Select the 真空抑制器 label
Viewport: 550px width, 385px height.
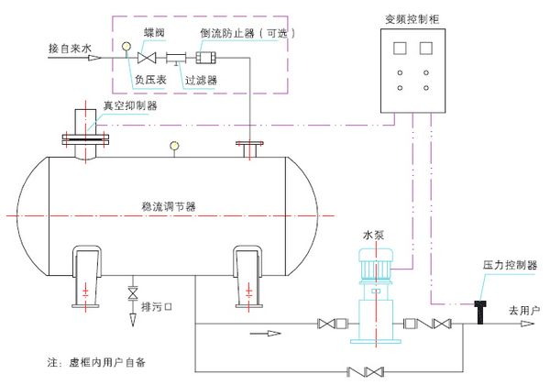pos(129,105)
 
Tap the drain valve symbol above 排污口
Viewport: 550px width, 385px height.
pos(134,293)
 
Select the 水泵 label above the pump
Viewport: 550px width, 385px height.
pos(375,235)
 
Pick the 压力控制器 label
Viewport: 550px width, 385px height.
pos(510,265)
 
